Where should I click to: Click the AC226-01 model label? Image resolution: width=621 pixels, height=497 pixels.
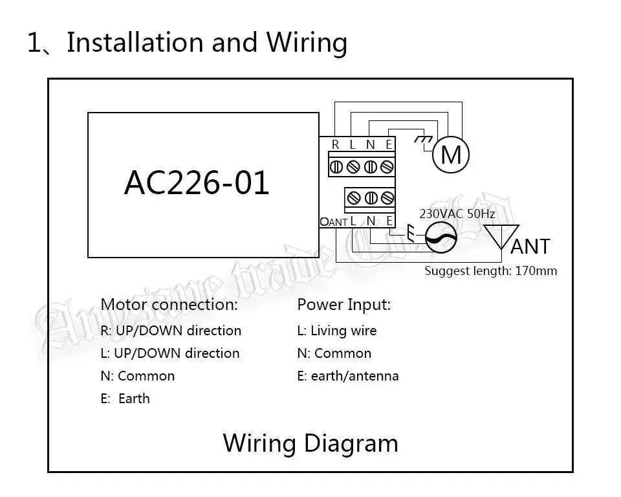pos(197,182)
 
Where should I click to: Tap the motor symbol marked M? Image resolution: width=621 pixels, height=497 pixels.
pos(451,155)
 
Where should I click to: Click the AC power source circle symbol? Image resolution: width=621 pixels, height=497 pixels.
pos(441,237)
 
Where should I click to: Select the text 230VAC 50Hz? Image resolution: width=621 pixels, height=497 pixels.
pos(457,214)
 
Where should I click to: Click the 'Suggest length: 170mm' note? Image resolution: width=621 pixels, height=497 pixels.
pos(491,271)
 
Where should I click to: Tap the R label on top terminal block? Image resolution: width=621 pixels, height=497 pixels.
pos(336,145)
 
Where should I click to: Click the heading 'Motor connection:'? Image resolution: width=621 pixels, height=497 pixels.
pos(169,304)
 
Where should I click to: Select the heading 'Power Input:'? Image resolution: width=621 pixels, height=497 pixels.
pos(343,305)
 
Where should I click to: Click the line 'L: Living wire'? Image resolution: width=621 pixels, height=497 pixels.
pos(336,331)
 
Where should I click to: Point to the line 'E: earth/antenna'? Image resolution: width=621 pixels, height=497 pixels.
pos(348,376)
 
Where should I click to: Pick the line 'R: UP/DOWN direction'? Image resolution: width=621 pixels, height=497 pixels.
pos(171,331)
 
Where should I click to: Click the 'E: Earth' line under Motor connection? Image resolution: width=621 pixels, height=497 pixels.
pos(125,399)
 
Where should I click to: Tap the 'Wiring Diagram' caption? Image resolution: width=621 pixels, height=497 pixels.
pos(310,443)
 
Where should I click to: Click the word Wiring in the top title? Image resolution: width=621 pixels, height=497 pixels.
pos(307,43)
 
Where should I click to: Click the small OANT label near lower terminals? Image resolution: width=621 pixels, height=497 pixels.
pos(334,222)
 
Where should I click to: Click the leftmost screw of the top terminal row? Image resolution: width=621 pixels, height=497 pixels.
pos(336,167)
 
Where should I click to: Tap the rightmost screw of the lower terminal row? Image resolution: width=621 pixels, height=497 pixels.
pos(387,198)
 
